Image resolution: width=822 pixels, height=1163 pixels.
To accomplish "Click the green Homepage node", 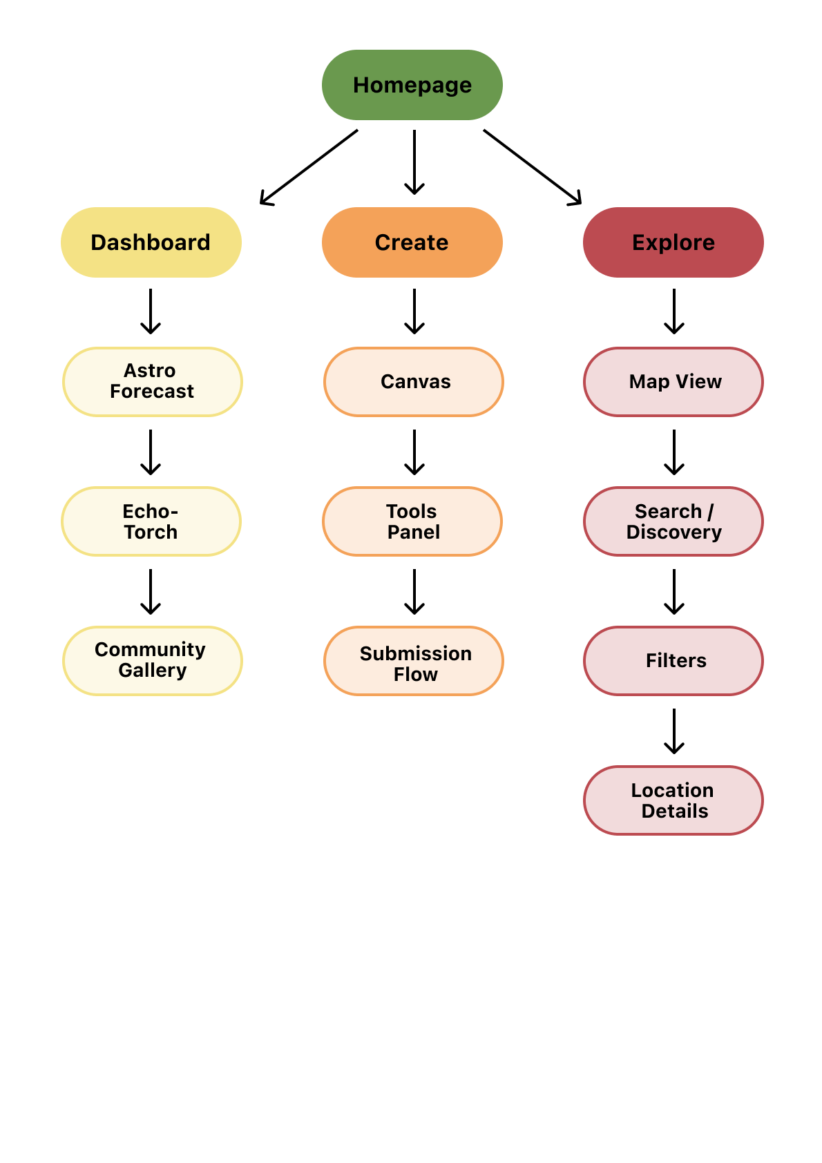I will pyautogui.click(x=412, y=85).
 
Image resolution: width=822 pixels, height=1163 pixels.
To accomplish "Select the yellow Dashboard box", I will pyautogui.click(x=151, y=242).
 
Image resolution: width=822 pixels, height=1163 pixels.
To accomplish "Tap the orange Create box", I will pyautogui.click(x=412, y=242).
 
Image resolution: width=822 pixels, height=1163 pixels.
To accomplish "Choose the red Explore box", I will pyautogui.click(x=673, y=242).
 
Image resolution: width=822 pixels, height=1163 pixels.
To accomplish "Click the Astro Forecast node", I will pyautogui.click(x=152, y=382).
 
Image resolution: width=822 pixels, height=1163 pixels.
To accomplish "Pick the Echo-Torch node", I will pyautogui.click(x=151, y=521).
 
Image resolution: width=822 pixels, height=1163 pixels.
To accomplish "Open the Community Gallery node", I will pyautogui.click(x=152, y=661).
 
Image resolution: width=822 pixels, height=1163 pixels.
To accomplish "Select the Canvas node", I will pyautogui.click(x=413, y=382).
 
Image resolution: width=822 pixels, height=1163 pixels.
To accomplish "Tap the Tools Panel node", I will pyautogui.click(x=412, y=521).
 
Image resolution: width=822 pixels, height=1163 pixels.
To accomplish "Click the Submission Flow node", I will pyautogui.click(x=413, y=661).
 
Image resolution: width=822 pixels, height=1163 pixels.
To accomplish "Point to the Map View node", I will pyautogui.click(x=673, y=382).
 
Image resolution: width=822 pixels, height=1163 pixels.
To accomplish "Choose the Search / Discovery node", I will pyautogui.click(x=673, y=521).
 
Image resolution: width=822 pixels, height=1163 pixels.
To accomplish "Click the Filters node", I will pyautogui.click(x=673, y=661).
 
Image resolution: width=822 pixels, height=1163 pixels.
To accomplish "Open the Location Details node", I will pyautogui.click(x=673, y=800).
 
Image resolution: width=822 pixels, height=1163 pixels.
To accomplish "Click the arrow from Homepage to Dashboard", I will pyautogui.click(x=309, y=167).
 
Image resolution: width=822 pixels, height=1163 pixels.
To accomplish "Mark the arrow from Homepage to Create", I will pyautogui.click(x=414, y=162).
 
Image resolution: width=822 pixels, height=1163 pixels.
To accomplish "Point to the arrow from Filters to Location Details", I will pyautogui.click(x=674, y=731).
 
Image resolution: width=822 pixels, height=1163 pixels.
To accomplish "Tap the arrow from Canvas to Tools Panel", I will pyautogui.click(x=414, y=452).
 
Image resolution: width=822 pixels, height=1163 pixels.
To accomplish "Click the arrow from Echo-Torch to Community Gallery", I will pyautogui.click(x=151, y=592).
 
